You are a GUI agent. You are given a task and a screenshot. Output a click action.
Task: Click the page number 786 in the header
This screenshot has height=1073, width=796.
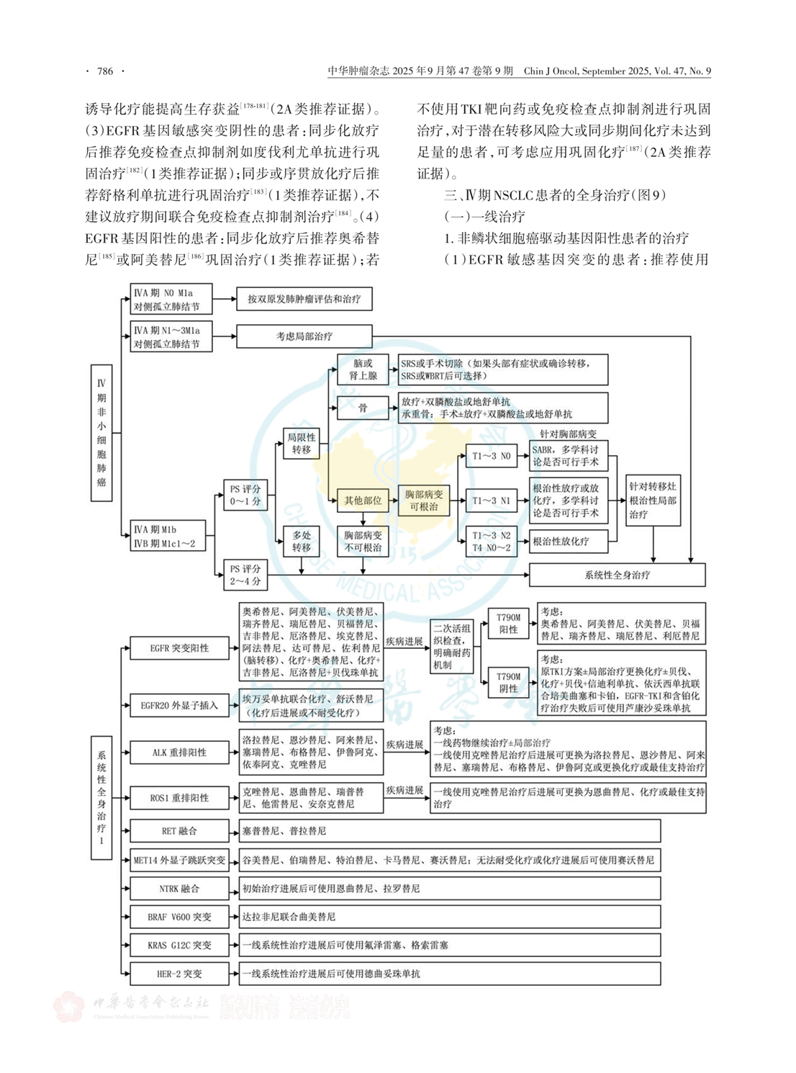tap(105, 71)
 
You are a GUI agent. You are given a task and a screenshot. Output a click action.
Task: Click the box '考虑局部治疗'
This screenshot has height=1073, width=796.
tap(304, 336)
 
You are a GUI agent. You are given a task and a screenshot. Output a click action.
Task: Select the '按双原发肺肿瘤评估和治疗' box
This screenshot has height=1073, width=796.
tap(304, 299)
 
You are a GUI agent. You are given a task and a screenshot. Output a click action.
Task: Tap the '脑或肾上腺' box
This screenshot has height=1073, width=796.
tap(363, 369)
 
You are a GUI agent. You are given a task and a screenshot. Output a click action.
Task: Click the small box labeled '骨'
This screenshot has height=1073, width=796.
tap(363, 408)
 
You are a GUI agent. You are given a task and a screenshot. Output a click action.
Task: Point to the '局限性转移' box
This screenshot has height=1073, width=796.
tap(301, 443)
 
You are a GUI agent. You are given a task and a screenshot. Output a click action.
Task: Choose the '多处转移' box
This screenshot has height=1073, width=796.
tap(301, 542)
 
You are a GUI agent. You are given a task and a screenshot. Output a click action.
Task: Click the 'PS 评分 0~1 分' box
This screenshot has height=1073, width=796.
tap(245, 495)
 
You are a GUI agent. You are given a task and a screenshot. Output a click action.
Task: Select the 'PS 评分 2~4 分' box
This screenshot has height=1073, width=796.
tap(245, 575)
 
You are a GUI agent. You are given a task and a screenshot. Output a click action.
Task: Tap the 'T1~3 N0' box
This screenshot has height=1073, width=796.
tap(491, 456)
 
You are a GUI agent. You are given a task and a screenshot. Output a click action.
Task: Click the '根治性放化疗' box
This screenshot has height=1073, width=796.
tap(568, 541)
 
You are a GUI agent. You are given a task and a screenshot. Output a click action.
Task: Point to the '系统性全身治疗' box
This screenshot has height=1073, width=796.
tap(617, 575)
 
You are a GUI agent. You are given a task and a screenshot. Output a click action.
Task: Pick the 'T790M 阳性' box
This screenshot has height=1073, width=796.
tap(508, 624)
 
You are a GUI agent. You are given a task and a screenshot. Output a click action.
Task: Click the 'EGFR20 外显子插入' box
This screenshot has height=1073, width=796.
tap(179, 705)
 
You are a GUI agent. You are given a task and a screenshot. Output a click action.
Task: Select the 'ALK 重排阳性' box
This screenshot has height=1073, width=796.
tap(179, 753)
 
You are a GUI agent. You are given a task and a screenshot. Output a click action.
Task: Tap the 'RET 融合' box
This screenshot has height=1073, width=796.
tap(179, 830)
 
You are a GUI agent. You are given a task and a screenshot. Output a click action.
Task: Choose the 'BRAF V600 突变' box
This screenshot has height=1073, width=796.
tap(179, 917)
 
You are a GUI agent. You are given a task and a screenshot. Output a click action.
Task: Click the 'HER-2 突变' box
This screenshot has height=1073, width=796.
tap(179, 974)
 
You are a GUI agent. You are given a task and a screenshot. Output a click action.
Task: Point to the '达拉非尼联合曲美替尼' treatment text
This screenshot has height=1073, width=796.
tap(289, 917)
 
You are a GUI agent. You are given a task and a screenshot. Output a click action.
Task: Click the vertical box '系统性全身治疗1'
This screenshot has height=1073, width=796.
tap(101, 797)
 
